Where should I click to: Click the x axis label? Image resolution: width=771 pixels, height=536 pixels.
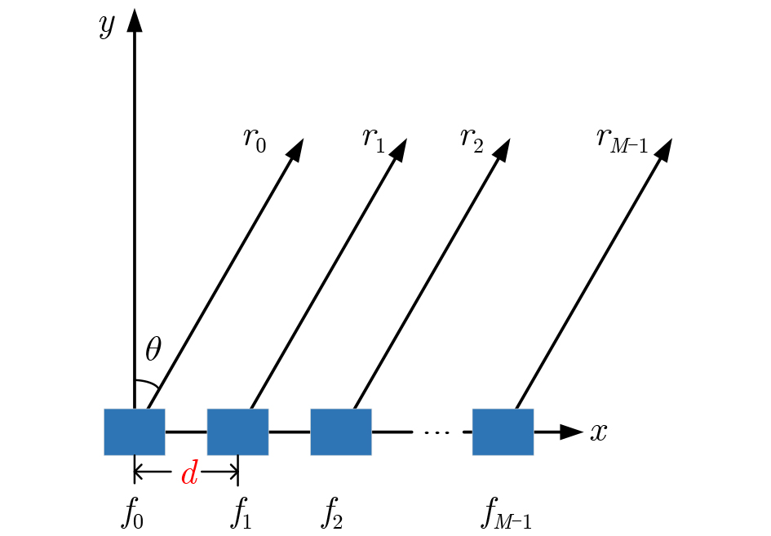(598, 432)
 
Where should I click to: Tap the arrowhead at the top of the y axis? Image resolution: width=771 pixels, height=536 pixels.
(135, 20)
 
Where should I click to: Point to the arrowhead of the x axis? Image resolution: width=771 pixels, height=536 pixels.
(571, 432)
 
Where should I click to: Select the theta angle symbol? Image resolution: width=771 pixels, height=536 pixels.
(153, 349)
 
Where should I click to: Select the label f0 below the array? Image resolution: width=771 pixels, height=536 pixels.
(133, 513)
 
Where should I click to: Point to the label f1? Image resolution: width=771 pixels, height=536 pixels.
(241, 513)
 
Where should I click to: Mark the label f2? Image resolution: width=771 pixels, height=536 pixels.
(331, 513)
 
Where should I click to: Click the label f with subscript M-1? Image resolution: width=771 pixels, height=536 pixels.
(506, 513)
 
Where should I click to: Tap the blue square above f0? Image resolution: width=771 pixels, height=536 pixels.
(135, 432)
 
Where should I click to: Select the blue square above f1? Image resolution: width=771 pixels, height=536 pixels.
(237, 432)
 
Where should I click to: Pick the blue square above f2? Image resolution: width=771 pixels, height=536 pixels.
(341, 432)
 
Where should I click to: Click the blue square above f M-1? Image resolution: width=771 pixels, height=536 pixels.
(503, 432)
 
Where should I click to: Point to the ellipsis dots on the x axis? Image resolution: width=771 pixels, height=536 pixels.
(436, 432)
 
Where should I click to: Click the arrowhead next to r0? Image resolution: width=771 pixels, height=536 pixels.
(295, 149)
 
